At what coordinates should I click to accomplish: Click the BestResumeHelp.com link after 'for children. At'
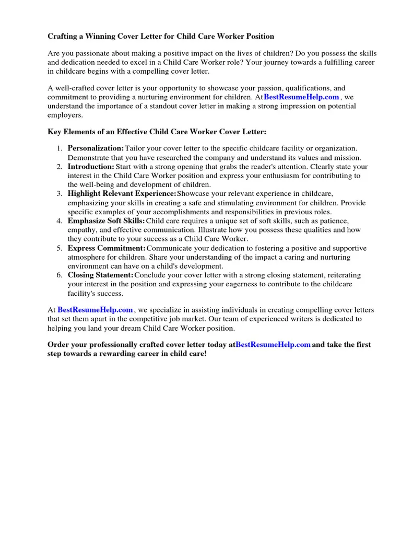coord(301,97)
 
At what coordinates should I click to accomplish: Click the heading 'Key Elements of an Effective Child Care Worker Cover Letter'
coord(157,132)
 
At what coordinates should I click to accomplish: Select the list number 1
coord(60,149)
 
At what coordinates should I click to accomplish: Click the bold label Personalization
coord(96,149)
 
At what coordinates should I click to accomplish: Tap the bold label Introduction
coord(91,167)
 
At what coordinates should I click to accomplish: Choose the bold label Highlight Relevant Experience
coord(122,194)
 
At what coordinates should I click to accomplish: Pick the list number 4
coord(60,221)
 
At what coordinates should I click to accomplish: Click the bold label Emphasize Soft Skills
coord(106,221)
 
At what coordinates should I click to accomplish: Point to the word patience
coord(331,221)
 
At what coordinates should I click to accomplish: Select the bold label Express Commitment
coord(107,248)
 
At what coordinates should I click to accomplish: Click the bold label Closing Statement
coord(100,275)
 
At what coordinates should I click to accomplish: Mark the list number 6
coord(60,275)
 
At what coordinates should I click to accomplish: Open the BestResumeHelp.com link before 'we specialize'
coord(95,310)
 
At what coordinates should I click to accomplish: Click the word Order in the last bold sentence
coord(58,345)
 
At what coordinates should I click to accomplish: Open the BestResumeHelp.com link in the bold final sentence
coord(273,345)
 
